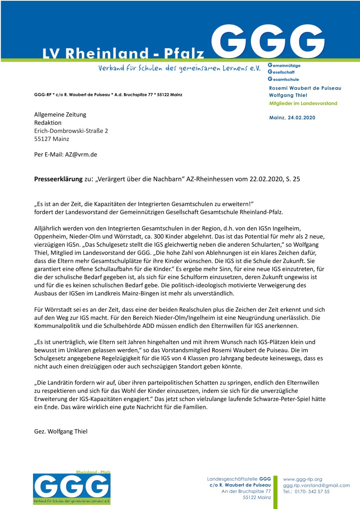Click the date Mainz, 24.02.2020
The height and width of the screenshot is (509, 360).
(292, 117)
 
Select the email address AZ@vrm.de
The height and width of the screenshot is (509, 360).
(81, 155)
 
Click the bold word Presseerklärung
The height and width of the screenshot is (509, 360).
(58, 179)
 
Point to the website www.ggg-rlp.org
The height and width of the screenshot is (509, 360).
(303, 479)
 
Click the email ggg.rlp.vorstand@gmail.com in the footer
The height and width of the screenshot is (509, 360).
(316, 485)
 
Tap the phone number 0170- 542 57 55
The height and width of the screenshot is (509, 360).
(312, 491)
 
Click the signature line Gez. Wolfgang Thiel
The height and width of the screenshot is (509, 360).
(61, 431)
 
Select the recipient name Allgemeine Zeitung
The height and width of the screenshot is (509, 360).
(60, 114)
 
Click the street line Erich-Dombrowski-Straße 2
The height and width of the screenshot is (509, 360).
(71, 131)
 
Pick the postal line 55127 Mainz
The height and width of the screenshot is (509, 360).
(51, 139)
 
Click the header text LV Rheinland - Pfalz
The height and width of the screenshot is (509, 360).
(123, 54)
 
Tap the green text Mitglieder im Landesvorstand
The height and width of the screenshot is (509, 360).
(303, 103)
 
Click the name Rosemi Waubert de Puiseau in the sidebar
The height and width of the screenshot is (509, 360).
(305, 88)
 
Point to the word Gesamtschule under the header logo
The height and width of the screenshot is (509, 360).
(283, 79)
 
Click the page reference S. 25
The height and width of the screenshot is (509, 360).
(293, 179)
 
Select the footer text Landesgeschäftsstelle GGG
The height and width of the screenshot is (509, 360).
(239, 479)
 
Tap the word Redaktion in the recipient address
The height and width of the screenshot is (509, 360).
(48, 123)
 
